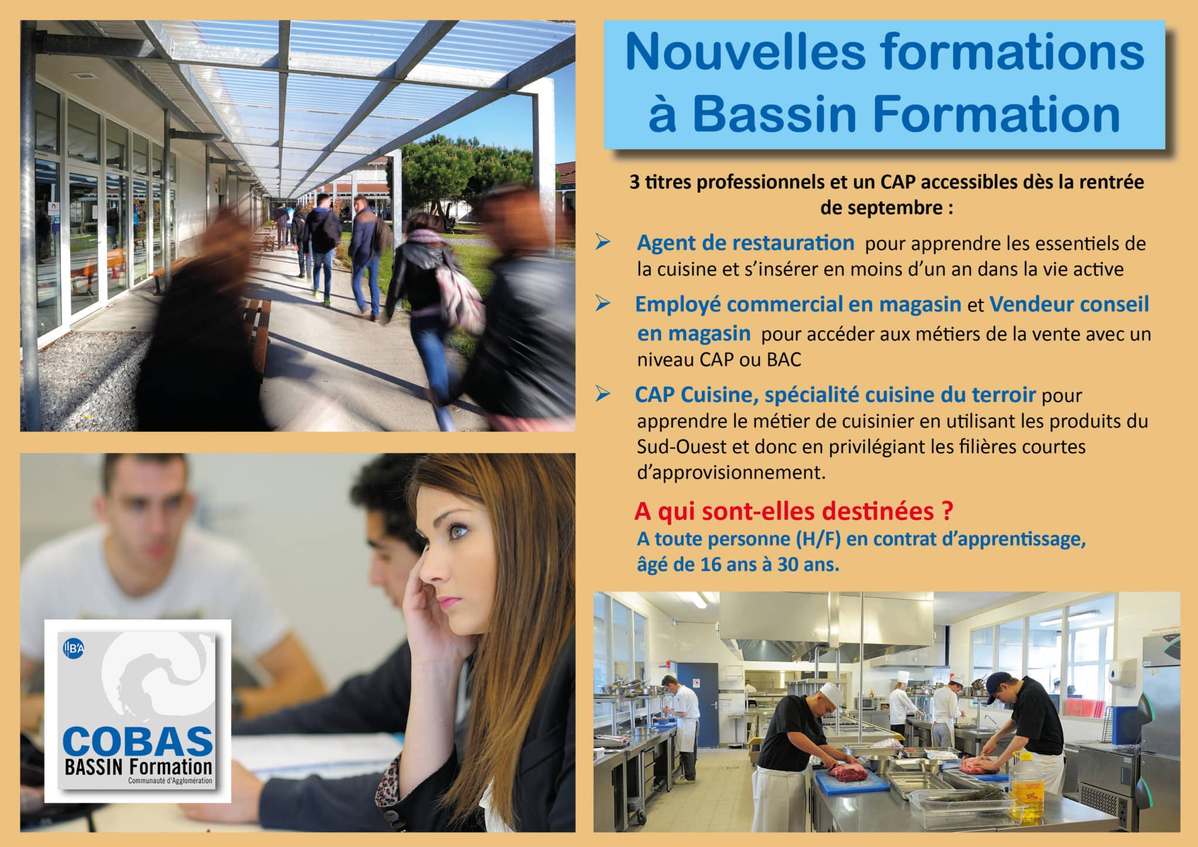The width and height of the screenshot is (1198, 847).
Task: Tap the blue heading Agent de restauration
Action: [x=745, y=243]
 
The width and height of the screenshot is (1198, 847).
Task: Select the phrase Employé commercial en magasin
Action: [x=798, y=305]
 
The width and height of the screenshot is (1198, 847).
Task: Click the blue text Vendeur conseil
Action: [x=1069, y=304]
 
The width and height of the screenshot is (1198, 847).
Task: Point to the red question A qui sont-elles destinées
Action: [x=793, y=511]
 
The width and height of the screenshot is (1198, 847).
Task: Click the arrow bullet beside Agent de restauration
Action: [x=603, y=243]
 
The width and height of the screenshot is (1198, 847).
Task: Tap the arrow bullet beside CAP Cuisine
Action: [x=603, y=395]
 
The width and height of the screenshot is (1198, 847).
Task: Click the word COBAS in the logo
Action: [x=137, y=741]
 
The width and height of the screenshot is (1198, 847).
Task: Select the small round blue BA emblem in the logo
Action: [x=74, y=648]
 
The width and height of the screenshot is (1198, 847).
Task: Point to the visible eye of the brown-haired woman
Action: [x=459, y=532]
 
